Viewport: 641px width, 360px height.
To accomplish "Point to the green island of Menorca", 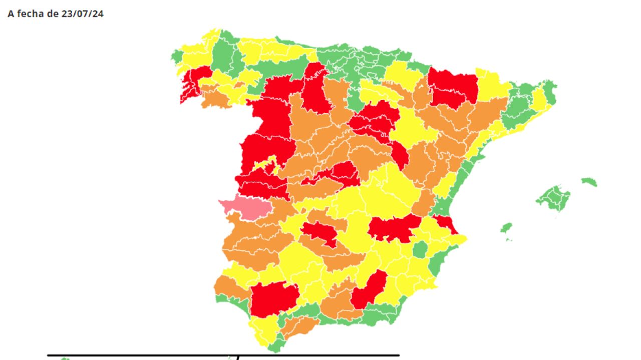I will tap(589, 181).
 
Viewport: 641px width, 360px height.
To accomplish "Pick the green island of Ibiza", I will tap(506, 228).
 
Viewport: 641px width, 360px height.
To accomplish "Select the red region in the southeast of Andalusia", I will tap(370, 289).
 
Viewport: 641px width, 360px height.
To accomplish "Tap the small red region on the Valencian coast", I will tap(445, 222).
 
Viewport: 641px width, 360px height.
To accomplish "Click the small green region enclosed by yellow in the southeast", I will tap(420, 249).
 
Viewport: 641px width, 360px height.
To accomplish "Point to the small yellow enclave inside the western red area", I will tap(266, 164).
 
